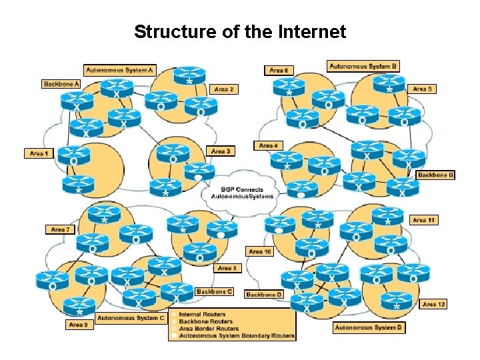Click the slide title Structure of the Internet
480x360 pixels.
[x=240, y=31]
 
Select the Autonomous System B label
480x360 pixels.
[x=363, y=66]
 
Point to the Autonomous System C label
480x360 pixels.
[x=131, y=318]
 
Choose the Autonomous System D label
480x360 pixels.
[x=369, y=327]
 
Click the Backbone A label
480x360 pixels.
[x=61, y=84]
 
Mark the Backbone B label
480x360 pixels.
[x=436, y=175]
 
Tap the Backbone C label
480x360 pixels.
[x=214, y=291]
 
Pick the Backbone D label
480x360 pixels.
[x=264, y=294]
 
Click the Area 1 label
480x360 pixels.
[x=39, y=153]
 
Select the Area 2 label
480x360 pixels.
[x=223, y=89]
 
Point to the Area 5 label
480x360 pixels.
[x=422, y=89]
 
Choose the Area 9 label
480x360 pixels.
[x=77, y=325]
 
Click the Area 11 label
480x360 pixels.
[x=423, y=220]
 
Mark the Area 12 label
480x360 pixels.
[x=433, y=304]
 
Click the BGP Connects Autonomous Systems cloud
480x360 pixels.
[x=241, y=193]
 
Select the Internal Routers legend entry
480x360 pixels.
[x=203, y=314]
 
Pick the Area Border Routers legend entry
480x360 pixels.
[x=209, y=329]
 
